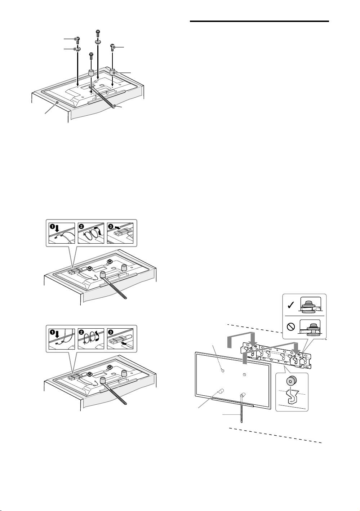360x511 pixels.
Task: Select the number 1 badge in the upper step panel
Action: (52, 227)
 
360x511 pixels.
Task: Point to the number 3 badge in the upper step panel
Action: (111, 227)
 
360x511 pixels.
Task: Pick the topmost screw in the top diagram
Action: (97, 34)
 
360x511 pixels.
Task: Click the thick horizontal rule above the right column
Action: (259, 22)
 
